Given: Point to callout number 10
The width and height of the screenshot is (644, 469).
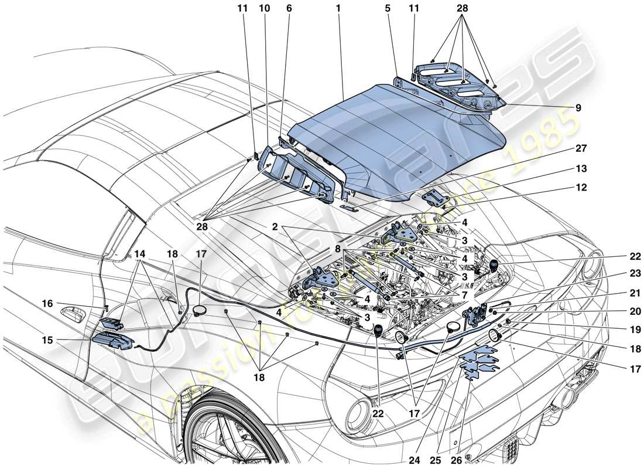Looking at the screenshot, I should pyautogui.click(x=264, y=9).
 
